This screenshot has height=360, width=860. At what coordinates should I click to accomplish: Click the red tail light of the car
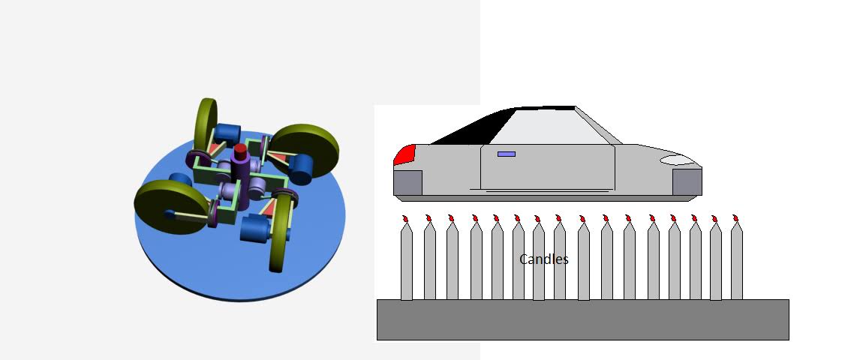(x=403, y=154)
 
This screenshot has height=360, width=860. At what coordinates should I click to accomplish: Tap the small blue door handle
(x=507, y=154)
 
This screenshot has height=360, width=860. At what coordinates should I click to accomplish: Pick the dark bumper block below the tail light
(x=408, y=182)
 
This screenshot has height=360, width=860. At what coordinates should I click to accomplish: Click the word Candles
(x=543, y=259)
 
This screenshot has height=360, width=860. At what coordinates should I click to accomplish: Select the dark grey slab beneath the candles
(x=582, y=319)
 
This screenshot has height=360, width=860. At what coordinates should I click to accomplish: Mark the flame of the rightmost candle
(x=736, y=219)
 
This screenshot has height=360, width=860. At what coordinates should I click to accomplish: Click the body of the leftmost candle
(x=407, y=262)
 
